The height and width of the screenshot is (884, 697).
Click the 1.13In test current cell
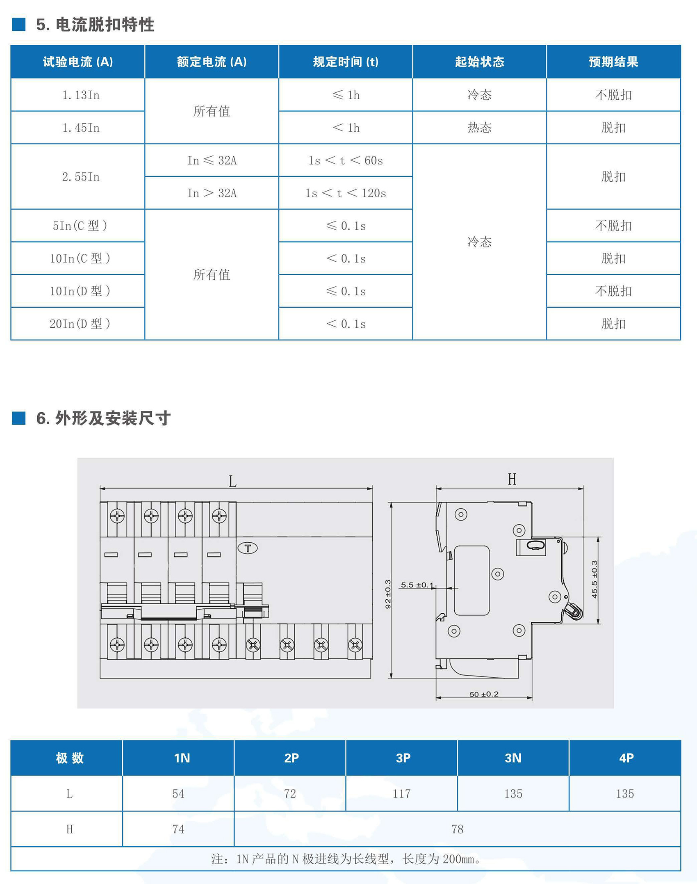coord(81,95)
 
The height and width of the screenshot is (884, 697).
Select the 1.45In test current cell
coord(81,128)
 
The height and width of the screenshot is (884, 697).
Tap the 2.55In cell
coord(81,177)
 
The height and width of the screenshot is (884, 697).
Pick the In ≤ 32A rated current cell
coord(212,160)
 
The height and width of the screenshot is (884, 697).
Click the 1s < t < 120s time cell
coord(346,193)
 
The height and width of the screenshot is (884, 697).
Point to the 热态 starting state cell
coord(479,128)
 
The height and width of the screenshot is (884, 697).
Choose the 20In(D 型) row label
coord(80,324)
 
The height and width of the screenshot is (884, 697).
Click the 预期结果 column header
coord(613,62)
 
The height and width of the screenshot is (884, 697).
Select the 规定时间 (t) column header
coord(346,62)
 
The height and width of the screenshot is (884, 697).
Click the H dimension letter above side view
coord(512,479)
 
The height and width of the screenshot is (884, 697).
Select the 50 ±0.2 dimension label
coord(484,694)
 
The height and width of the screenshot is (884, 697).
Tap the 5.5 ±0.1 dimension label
coord(417,585)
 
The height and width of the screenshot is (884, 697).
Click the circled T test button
coord(248,548)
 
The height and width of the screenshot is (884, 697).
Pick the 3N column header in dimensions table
coord(513,758)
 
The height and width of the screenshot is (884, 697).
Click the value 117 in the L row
coord(401,794)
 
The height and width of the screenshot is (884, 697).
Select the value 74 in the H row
coord(178,829)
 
